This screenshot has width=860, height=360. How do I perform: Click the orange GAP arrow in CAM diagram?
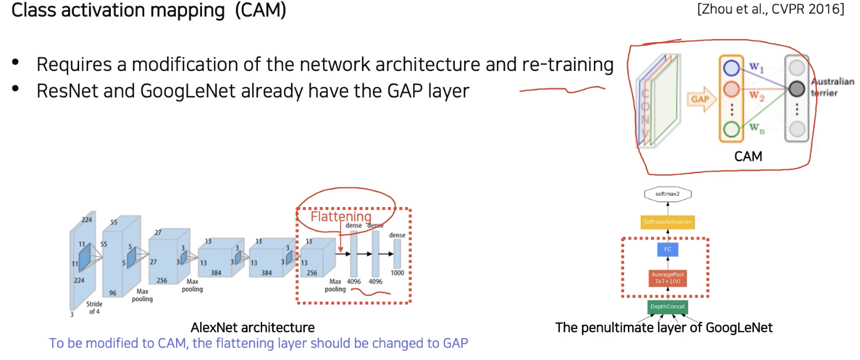(x=699, y=99)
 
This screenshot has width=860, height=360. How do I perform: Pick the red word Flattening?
(x=341, y=217)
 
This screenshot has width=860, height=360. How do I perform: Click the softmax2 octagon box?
(x=667, y=194)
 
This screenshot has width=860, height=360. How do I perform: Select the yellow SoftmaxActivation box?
(x=667, y=222)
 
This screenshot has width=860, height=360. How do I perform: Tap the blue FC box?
(x=667, y=250)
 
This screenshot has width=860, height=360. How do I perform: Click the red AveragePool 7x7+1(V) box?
(x=667, y=279)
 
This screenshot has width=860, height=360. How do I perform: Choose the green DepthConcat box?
(x=667, y=307)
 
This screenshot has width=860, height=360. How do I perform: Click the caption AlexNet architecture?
(x=253, y=328)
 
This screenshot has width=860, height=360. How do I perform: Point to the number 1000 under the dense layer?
(x=397, y=272)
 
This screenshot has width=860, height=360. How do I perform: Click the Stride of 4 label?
(x=95, y=307)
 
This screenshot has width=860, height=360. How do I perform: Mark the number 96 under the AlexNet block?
(x=113, y=293)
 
